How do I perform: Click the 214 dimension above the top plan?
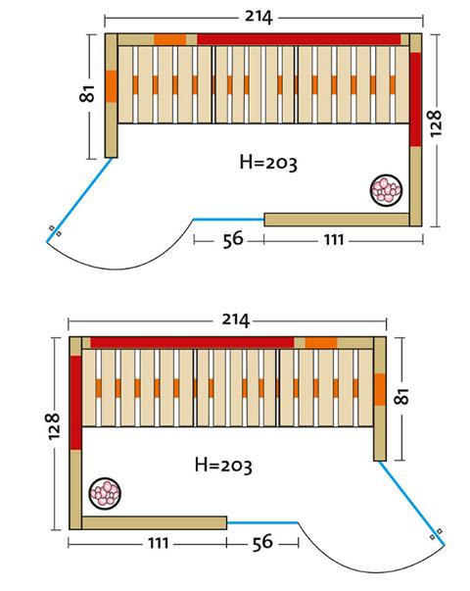click(x=258, y=17)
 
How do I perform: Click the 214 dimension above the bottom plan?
click(x=235, y=320)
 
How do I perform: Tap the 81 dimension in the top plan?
click(x=87, y=93)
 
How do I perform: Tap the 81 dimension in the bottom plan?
click(x=402, y=396)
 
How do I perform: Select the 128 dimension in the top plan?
click(x=434, y=123)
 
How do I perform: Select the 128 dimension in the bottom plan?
click(x=54, y=426)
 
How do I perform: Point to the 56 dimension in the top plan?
click(x=233, y=240)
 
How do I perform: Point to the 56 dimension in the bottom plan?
click(x=262, y=542)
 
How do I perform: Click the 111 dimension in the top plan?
click(x=334, y=240)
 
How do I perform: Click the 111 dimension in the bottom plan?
click(x=158, y=543)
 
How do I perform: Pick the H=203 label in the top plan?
click(x=268, y=163)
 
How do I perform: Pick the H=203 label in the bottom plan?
click(x=223, y=466)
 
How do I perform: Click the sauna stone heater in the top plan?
click(x=386, y=190)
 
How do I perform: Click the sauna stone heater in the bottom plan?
click(x=105, y=493)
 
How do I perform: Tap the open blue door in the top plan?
click(x=79, y=200)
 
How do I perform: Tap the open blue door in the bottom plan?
click(x=411, y=503)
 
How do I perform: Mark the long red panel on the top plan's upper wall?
click(x=299, y=39)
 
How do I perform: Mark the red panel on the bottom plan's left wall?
click(x=75, y=403)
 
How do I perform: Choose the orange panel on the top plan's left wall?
click(x=111, y=86)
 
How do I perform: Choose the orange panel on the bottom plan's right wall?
click(x=380, y=389)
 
